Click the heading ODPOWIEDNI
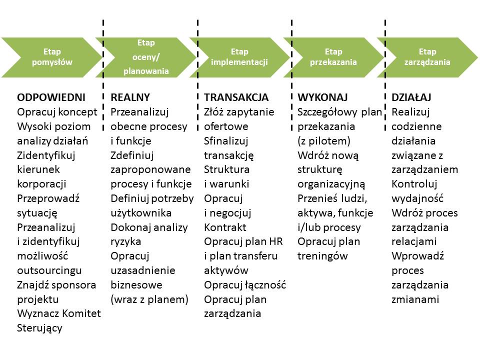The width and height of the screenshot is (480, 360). [51, 97]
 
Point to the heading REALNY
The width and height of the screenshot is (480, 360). [130, 97]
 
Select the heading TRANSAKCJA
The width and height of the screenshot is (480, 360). [236, 97]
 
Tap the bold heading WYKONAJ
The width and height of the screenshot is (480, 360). [322, 97]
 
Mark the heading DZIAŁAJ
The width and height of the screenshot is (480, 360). [411, 97]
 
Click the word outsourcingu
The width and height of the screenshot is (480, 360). [49, 270]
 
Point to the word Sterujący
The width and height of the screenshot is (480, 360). [40, 328]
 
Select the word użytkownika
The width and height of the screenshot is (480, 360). [141, 213]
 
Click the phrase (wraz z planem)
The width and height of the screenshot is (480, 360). [149, 299]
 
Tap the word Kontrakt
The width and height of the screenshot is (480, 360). [225, 227]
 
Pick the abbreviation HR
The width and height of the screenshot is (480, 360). [276, 241]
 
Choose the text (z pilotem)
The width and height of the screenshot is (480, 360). [324, 141]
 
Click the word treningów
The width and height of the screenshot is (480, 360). [322, 256]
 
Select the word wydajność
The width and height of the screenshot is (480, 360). [417, 198]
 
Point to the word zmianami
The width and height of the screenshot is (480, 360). [415, 299]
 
